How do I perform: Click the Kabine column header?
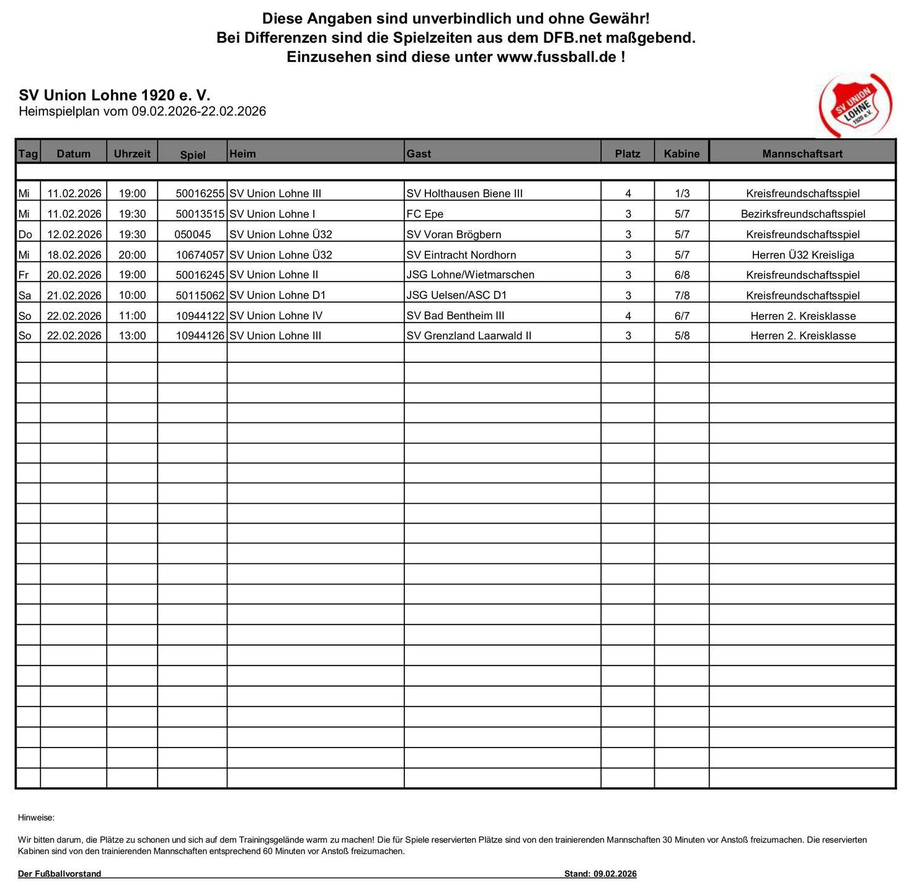click(681, 154)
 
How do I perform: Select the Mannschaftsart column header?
click(802, 154)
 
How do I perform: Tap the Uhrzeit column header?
click(131, 153)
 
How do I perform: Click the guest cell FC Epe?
click(425, 214)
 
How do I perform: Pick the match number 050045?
click(192, 234)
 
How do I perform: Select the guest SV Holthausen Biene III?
click(464, 194)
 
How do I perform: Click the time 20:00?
click(132, 255)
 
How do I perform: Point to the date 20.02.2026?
click(74, 275)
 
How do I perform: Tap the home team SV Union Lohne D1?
click(277, 295)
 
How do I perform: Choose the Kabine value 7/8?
click(681, 295)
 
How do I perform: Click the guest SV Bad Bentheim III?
click(455, 316)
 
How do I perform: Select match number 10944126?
click(200, 336)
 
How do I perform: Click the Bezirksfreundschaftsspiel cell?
click(802, 214)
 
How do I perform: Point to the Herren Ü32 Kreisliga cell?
click(802, 255)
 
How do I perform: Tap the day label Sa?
click(25, 295)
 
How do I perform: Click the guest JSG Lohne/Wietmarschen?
click(470, 275)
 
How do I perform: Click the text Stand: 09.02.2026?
click(600, 874)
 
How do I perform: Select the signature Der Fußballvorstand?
click(60, 874)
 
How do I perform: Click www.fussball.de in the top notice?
click(556, 57)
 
